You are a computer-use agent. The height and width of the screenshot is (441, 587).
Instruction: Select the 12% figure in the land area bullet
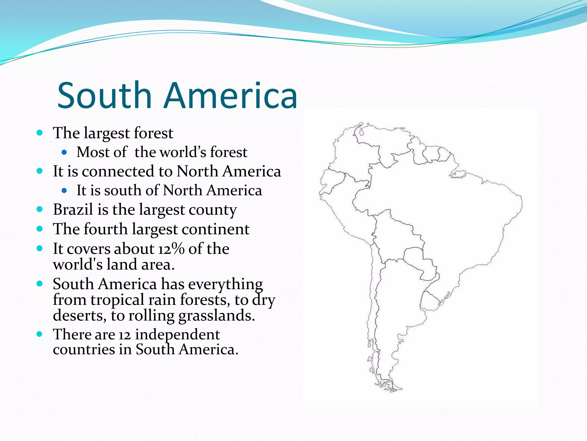171,249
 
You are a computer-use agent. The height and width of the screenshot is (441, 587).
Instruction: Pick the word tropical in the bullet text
117,300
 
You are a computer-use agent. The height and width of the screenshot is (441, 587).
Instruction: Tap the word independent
177,335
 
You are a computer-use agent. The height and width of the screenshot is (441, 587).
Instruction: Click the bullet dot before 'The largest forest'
40,133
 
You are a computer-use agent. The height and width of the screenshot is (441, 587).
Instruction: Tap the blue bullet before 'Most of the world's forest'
64,152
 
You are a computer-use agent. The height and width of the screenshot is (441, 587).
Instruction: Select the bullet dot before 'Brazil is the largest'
40,209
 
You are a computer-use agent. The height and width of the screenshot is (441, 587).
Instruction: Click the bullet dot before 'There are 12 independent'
40,334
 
